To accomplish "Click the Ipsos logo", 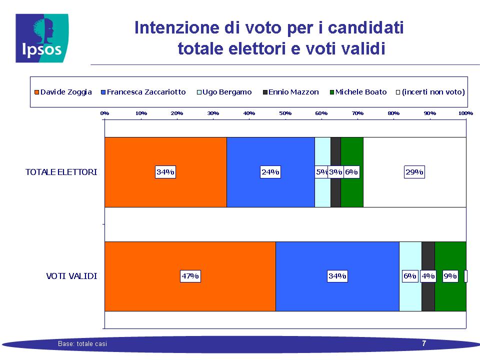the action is point(42,38).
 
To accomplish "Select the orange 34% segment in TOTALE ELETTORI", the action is point(165,172).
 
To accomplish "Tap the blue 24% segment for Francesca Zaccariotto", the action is point(270,172).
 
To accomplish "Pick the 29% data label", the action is point(414,172).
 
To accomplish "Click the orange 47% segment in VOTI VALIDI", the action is point(190,276).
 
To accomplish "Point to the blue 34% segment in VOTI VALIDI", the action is point(337,276).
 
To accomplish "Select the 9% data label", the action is point(450,276).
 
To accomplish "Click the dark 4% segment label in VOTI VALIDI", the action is point(428,276).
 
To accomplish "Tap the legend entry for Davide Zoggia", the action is point(63,92).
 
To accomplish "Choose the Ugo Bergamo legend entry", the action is point(224,92).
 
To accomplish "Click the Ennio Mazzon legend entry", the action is point(291,92).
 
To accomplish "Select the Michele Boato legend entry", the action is point(358,92).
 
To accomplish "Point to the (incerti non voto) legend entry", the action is point(430,92).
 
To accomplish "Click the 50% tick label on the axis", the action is point(285,113).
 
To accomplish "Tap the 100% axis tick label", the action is point(465,113).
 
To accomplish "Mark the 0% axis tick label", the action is point(104,113).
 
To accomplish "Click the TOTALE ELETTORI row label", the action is point(61,172).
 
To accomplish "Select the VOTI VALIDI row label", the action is point(71,276).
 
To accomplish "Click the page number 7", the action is point(424,343).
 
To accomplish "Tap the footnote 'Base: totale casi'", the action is point(82,344).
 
